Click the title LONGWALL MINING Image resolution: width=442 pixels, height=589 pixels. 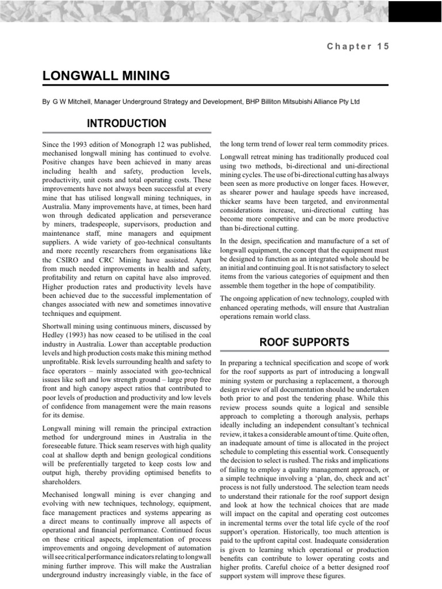pos(106,75)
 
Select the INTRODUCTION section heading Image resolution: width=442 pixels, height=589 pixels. pos(127,124)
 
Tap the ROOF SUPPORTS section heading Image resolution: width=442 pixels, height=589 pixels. pos(304,342)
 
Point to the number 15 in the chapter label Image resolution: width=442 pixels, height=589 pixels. pos(383,47)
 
